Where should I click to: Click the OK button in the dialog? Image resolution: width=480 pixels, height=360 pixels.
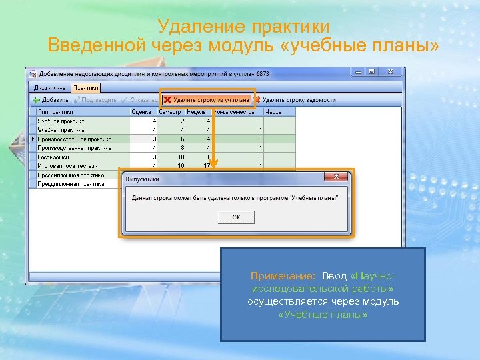(x=235, y=217)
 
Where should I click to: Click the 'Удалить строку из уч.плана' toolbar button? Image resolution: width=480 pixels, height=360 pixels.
(x=207, y=100)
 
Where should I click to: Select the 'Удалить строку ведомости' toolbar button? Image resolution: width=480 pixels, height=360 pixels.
(x=294, y=100)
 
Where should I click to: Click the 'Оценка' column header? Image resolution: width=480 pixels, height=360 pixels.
(x=141, y=112)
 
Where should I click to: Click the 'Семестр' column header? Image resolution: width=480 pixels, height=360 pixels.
(x=171, y=112)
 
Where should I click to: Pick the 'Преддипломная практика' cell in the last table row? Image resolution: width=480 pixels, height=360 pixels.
(x=71, y=183)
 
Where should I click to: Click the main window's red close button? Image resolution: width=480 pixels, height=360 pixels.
(x=393, y=71)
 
